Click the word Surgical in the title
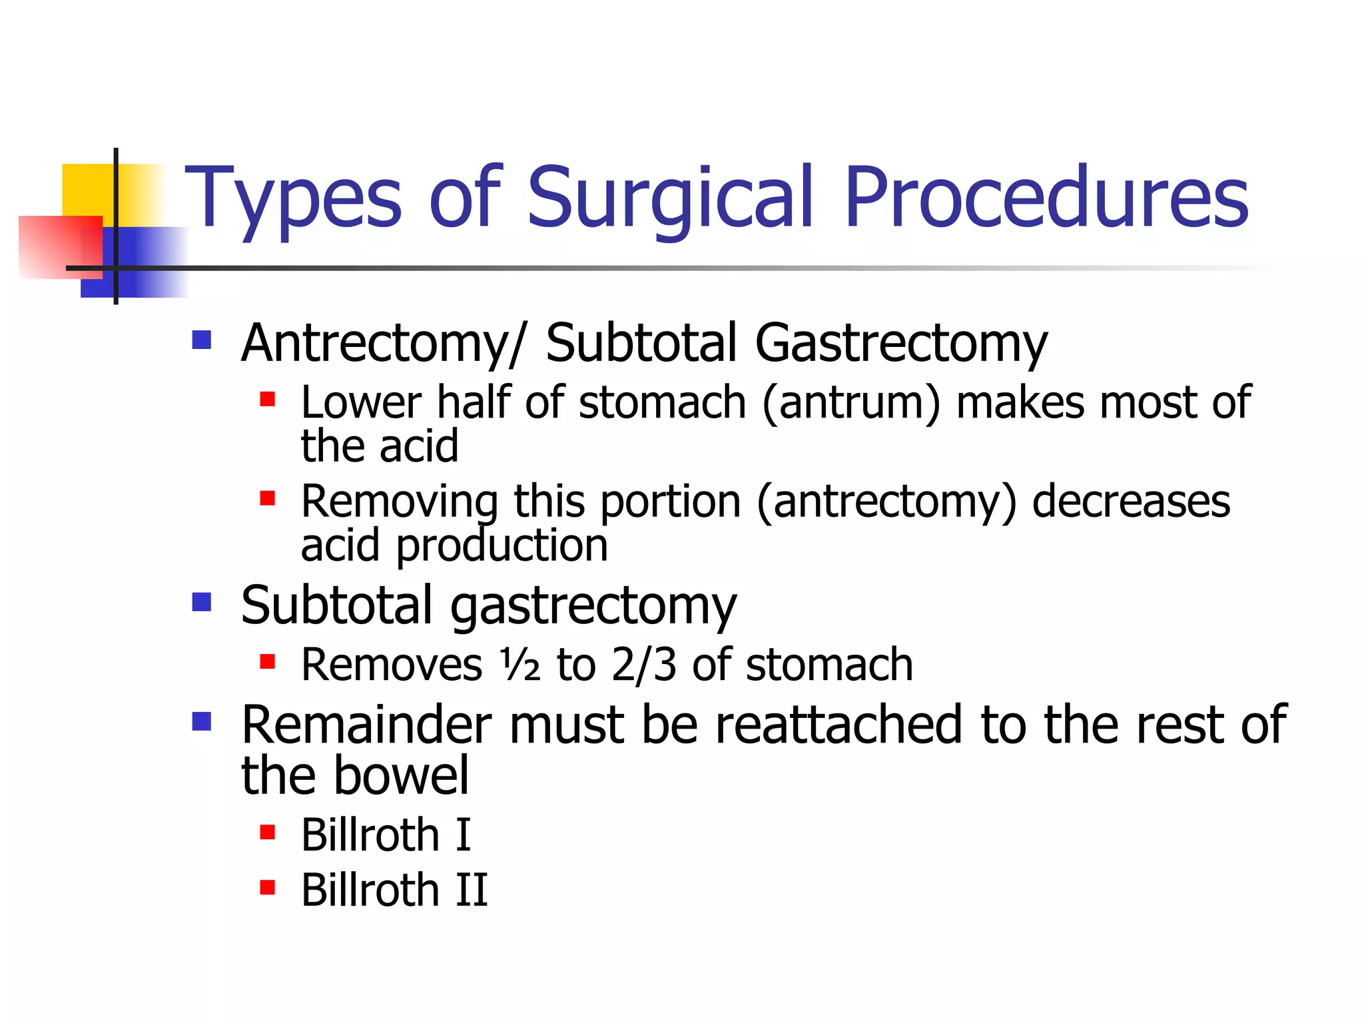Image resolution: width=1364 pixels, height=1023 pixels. pyautogui.click(x=669, y=198)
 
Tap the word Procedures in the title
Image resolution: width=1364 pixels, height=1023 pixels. pyautogui.click(x=1046, y=198)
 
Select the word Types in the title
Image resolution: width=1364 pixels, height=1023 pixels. pyautogui.click(x=293, y=198)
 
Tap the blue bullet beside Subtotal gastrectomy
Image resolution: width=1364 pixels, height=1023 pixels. pyautogui.click(x=201, y=602)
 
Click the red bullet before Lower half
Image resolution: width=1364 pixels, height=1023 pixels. pyautogui.click(x=267, y=399)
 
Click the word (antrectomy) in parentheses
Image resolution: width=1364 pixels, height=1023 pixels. pyautogui.click(x=886, y=502)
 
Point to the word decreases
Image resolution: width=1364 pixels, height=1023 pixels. pyautogui.click(x=1131, y=501)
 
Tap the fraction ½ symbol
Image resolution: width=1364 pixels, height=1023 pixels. pyautogui.click(x=520, y=664)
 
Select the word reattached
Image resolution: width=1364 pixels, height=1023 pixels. pyautogui.click(x=839, y=725)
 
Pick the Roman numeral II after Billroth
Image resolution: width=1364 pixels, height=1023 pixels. pyautogui.click(x=472, y=890)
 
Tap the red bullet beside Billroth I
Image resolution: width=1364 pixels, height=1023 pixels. pyautogui.click(x=267, y=832)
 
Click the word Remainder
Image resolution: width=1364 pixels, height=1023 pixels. pyautogui.click(x=366, y=725)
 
